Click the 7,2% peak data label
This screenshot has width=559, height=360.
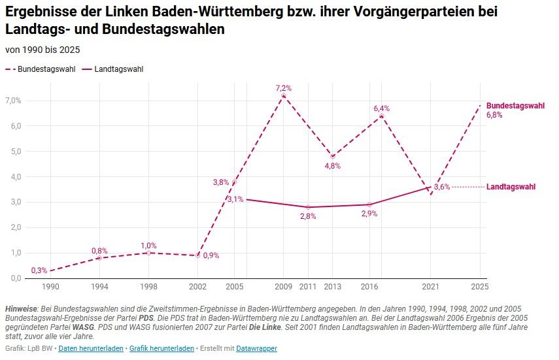(x=283, y=88)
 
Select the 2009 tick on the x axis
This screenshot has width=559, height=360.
(x=283, y=286)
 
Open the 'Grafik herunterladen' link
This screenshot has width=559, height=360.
(x=161, y=348)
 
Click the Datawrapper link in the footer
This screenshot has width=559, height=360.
(x=256, y=348)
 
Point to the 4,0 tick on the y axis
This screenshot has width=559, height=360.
(x=13, y=176)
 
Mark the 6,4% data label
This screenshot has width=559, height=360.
(x=381, y=108)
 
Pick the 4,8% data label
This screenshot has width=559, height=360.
(x=333, y=166)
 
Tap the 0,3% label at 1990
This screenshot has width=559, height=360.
(x=39, y=270)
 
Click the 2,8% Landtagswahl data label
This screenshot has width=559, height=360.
(x=308, y=216)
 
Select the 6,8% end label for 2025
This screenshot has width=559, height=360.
(x=494, y=115)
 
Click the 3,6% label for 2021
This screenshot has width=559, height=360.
(x=442, y=187)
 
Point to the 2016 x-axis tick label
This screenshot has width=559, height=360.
(x=369, y=286)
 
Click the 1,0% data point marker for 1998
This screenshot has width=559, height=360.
(x=148, y=253)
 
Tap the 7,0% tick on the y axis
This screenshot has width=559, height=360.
(x=13, y=101)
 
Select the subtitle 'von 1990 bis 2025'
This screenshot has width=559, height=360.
(x=42, y=50)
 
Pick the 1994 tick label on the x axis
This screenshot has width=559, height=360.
(x=99, y=286)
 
